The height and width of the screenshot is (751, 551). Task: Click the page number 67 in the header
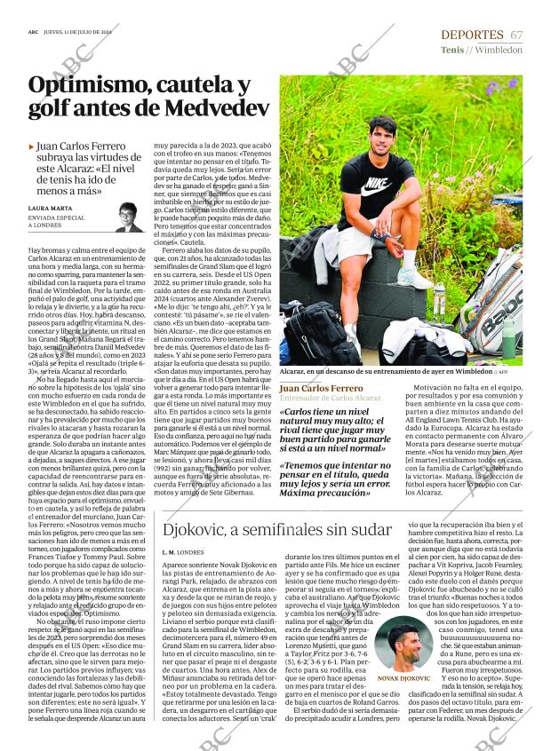pyautogui.click(x=515, y=34)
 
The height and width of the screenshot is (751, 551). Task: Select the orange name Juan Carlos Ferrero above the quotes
pyautogui.click(x=322, y=388)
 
